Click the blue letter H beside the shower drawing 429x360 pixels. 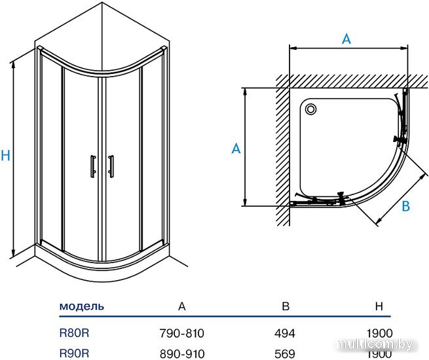(x=5, y=155)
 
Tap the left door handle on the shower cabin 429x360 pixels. (x=93, y=166)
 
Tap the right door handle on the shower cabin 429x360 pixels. (x=111, y=166)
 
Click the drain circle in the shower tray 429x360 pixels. (x=310, y=109)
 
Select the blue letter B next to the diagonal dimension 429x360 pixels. (x=405, y=206)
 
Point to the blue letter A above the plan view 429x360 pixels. (x=346, y=39)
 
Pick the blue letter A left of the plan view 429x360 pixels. (x=236, y=149)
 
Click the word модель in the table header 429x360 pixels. (x=82, y=306)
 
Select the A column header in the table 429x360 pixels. (x=182, y=306)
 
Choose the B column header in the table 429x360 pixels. (x=286, y=306)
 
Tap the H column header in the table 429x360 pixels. (x=379, y=306)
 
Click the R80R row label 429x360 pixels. (x=74, y=333)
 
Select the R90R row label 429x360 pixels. (x=74, y=353)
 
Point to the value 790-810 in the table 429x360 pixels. (x=182, y=333)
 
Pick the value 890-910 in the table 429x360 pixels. (x=182, y=354)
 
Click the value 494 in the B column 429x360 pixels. (x=285, y=333)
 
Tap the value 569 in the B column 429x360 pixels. (x=285, y=354)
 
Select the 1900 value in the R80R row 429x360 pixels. (x=379, y=333)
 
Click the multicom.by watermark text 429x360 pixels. (x=375, y=345)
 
